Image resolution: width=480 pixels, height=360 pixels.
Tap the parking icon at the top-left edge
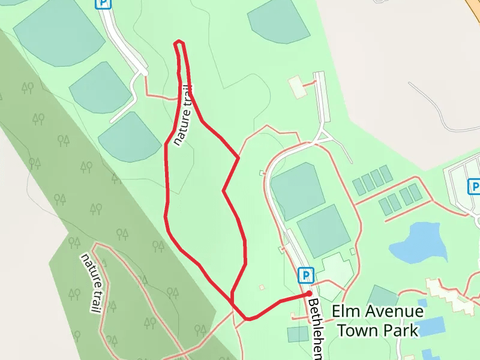coord(104,3)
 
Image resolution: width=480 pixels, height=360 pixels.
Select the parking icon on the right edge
coord(474,187)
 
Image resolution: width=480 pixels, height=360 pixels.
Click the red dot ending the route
coord(309,293)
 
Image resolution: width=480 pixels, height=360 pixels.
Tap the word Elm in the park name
coord(345,313)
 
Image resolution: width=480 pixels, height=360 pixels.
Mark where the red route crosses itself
coord(232,295)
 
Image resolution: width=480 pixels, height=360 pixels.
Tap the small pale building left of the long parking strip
coord(297,87)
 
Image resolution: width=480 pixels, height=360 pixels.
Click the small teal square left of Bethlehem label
coord(298,334)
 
